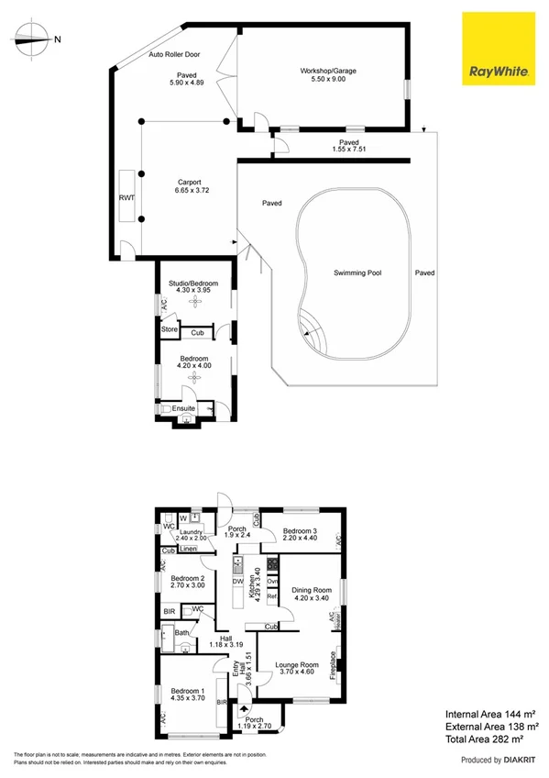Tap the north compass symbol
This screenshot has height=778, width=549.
pyautogui.click(x=32, y=39)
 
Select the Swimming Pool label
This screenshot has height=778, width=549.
pyautogui.click(x=357, y=272)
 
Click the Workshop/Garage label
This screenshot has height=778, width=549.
pyautogui.click(x=326, y=71)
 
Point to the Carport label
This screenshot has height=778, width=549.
pyautogui.click(x=189, y=183)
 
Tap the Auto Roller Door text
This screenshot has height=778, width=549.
pyautogui.click(x=176, y=55)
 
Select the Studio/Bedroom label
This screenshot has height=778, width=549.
pyautogui.click(x=193, y=284)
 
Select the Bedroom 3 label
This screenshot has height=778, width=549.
pyautogui.click(x=300, y=531)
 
